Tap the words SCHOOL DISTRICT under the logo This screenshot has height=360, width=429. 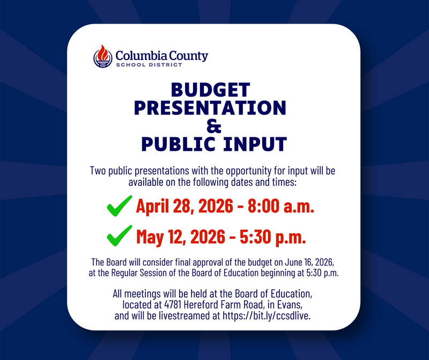(149, 65)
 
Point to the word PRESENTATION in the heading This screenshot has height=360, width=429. (210, 108)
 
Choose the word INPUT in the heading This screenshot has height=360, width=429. (250, 144)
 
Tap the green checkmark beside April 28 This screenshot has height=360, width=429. (120, 205)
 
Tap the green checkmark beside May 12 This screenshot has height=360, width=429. (120, 234)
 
